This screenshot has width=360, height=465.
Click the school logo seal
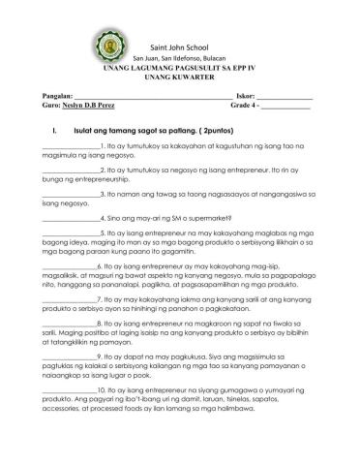(x=110, y=46)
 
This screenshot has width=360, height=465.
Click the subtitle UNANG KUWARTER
(x=180, y=81)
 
